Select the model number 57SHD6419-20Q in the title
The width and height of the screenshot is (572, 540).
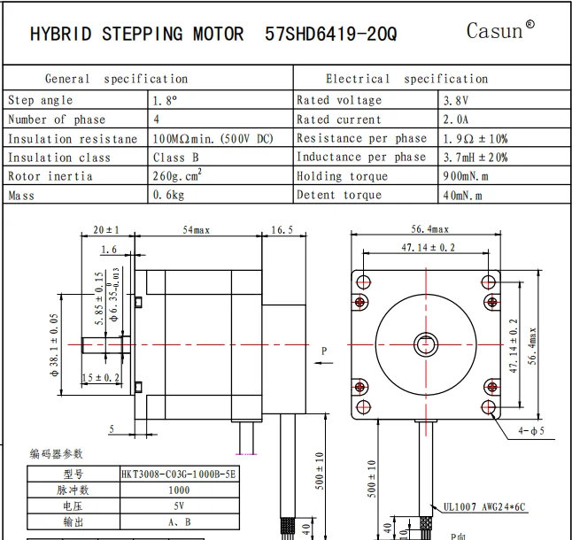pyautogui.click(x=330, y=35)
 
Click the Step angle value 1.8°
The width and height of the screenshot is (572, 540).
pyautogui.click(x=166, y=101)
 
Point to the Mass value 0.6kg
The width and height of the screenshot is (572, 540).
pyautogui.click(x=170, y=195)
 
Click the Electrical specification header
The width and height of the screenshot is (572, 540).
pyautogui.click(x=406, y=79)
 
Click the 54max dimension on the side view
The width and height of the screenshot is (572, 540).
pyautogui.click(x=196, y=229)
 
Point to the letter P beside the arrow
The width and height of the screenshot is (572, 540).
pyautogui.click(x=324, y=351)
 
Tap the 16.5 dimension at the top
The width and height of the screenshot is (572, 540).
pyautogui.click(x=280, y=229)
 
